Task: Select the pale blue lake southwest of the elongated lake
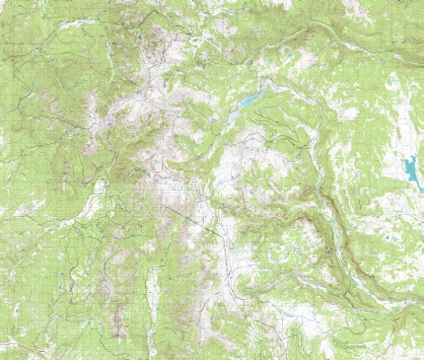pos(233,117)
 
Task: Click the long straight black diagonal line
pos(192,219)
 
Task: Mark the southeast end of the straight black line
pos(220,234)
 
